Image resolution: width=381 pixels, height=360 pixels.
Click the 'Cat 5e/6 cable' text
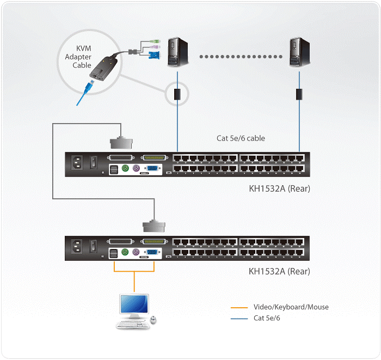tap(241, 138)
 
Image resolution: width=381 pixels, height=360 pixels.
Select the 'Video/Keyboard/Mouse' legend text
tap(291, 307)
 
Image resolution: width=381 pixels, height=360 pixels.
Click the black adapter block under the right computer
tap(299, 94)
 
